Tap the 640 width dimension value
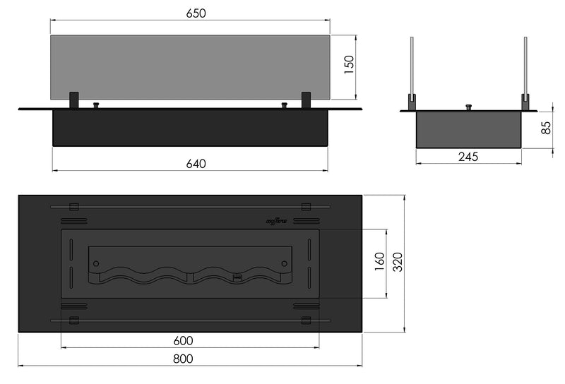tap(196, 164)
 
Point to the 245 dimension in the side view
tap(468, 157)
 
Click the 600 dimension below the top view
tap(183, 340)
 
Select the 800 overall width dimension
tap(183, 359)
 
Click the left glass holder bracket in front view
tap(73, 100)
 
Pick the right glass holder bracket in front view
tap(306, 100)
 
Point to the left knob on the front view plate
tap(96, 106)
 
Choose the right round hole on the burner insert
tap(284, 263)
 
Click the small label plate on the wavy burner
tap(238, 278)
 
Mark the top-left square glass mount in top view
tap(73, 206)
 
